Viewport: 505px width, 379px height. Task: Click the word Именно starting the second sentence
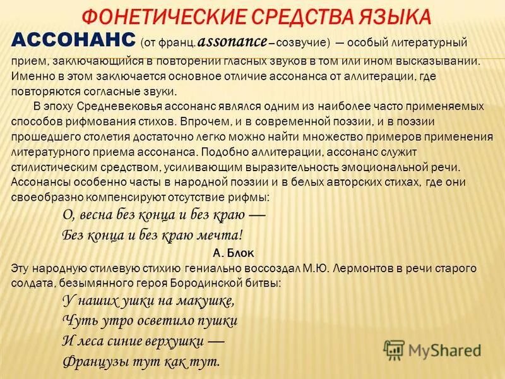click(29, 75)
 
